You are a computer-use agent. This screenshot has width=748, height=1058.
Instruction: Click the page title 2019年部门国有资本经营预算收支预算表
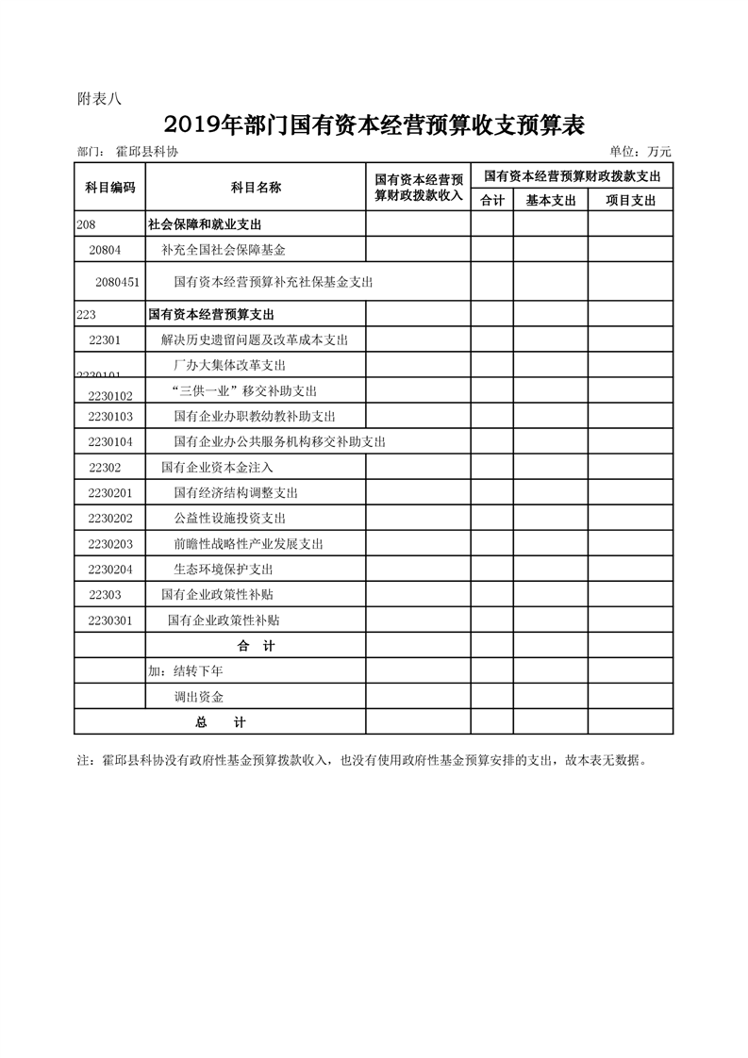tap(374, 124)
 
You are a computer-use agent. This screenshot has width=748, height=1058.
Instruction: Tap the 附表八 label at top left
tap(93, 97)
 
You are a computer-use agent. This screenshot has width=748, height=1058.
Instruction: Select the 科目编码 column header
tap(109, 187)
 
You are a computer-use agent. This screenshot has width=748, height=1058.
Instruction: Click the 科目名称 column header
tap(256, 187)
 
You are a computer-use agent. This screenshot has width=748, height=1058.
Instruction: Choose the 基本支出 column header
tap(550, 200)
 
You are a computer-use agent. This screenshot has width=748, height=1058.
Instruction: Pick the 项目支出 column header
tap(630, 200)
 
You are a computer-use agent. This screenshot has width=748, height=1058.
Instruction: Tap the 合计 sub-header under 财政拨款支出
tap(492, 200)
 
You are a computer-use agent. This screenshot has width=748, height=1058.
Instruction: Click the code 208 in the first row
tap(86, 224)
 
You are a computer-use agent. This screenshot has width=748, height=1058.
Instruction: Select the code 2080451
tap(118, 281)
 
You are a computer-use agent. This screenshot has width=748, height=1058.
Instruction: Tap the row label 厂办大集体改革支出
tap(229, 365)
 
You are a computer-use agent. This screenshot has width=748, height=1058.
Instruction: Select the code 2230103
tap(110, 416)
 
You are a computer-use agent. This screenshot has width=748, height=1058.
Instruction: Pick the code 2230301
tap(110, 620)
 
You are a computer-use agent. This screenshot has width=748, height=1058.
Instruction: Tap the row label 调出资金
tap(199, 697)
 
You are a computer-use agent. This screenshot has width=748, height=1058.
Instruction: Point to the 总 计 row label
tap(220, 722)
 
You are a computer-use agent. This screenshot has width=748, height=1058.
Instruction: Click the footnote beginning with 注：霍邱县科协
tap(362, 759)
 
